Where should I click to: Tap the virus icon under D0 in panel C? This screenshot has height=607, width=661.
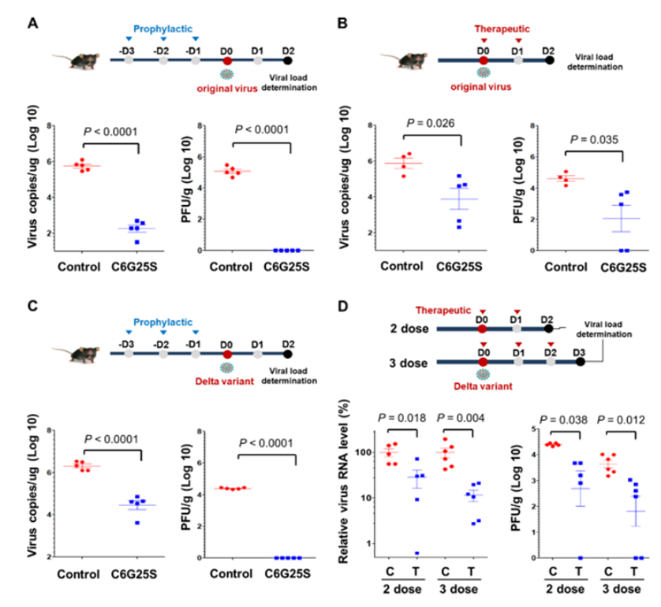(227, 367)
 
